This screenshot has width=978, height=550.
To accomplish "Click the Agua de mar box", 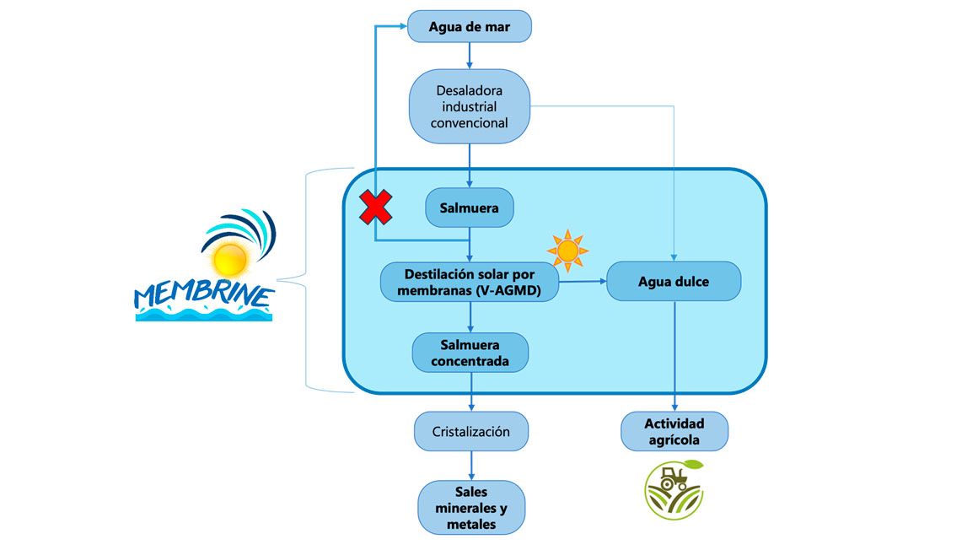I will click(x=470, y=26).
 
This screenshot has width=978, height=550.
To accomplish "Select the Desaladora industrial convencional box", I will click(x=470, y=106).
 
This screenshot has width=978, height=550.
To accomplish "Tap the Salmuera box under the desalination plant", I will click(x=470, y=208).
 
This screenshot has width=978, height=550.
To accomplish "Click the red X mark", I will click(x=375, y=208).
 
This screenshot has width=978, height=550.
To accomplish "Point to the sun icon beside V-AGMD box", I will click(x=567, y=251).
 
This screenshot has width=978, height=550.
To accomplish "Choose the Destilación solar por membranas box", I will click(x=470, y=282).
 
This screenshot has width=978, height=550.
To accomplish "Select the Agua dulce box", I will click(x=674, y=282).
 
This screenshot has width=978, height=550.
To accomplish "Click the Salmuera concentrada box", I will click(x=470, y=353).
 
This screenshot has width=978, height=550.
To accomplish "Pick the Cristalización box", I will click(x=471, y=431).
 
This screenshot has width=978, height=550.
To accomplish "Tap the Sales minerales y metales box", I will click(x=471, y=507).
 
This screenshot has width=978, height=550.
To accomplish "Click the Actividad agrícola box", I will click(x=674, y=431).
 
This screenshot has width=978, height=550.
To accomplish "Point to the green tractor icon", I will click(x=674, y=489).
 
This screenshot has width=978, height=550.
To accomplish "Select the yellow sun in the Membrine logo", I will click(x=229, y=259).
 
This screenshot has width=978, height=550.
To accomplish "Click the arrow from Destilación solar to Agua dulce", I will click(x=583, y=282).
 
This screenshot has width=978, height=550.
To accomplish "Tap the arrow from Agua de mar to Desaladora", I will click(x=470, y=56).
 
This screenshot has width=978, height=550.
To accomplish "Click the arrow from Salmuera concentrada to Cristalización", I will click(x=471, y=393).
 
